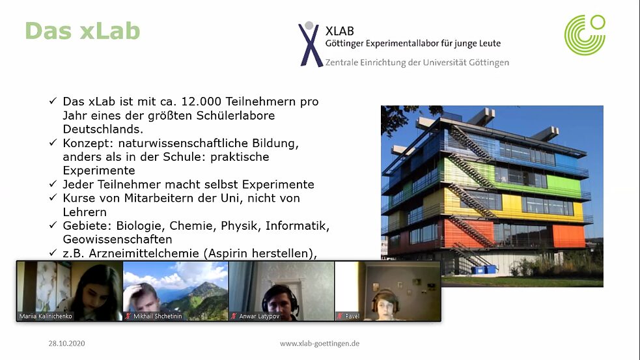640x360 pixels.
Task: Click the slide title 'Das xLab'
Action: pyautogui.click(x=82, y=31)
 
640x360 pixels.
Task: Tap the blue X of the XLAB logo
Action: pyautogui.click(x=310, y=44)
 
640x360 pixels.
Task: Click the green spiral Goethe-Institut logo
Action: pyautogui.click(x=584, y=35)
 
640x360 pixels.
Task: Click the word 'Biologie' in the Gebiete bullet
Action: pyautogui.click(x=141, y=226)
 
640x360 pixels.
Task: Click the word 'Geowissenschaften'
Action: pyautogui.click(x=117, y=240)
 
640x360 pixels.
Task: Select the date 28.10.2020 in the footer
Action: pyautogui.click(x=66, y=343)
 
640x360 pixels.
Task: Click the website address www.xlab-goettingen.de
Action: pyautogui.click(x=320, y=343)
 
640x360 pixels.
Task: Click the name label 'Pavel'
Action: pyautogui.click(x=352, y=316)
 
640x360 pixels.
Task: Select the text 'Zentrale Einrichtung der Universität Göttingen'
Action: pyautogui.click(x=417, y=62)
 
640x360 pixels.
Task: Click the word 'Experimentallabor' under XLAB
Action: pyautogui.click(x=403, y=44)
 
